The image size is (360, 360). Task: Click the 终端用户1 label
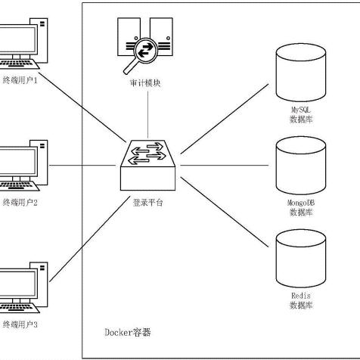tap(20, 80)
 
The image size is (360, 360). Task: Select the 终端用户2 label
tap(20, 203)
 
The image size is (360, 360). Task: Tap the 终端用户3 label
tap(20, 324)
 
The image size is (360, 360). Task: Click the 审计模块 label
tap(145, 82)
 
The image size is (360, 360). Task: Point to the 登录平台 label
tap(147, 203)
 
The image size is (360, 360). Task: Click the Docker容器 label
tap(128, 332)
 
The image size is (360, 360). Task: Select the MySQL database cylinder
tap(301, 73)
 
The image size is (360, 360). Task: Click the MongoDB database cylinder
tap(301, 166)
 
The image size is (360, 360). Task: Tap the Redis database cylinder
tap(301, 259)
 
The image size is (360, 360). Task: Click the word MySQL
tap(301, 110)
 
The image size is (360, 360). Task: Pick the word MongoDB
tap(301, 203)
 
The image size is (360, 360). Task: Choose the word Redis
tap(301, 296)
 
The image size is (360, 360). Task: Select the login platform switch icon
tap(147, 165)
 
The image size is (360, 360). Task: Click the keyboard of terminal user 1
tap(18, 64)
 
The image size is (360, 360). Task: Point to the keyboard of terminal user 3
tap(18, 308)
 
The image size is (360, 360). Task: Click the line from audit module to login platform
tap(147, 115)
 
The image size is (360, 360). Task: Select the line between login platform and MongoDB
tap(225, 166)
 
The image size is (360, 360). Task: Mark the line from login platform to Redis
tap(225, 212)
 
